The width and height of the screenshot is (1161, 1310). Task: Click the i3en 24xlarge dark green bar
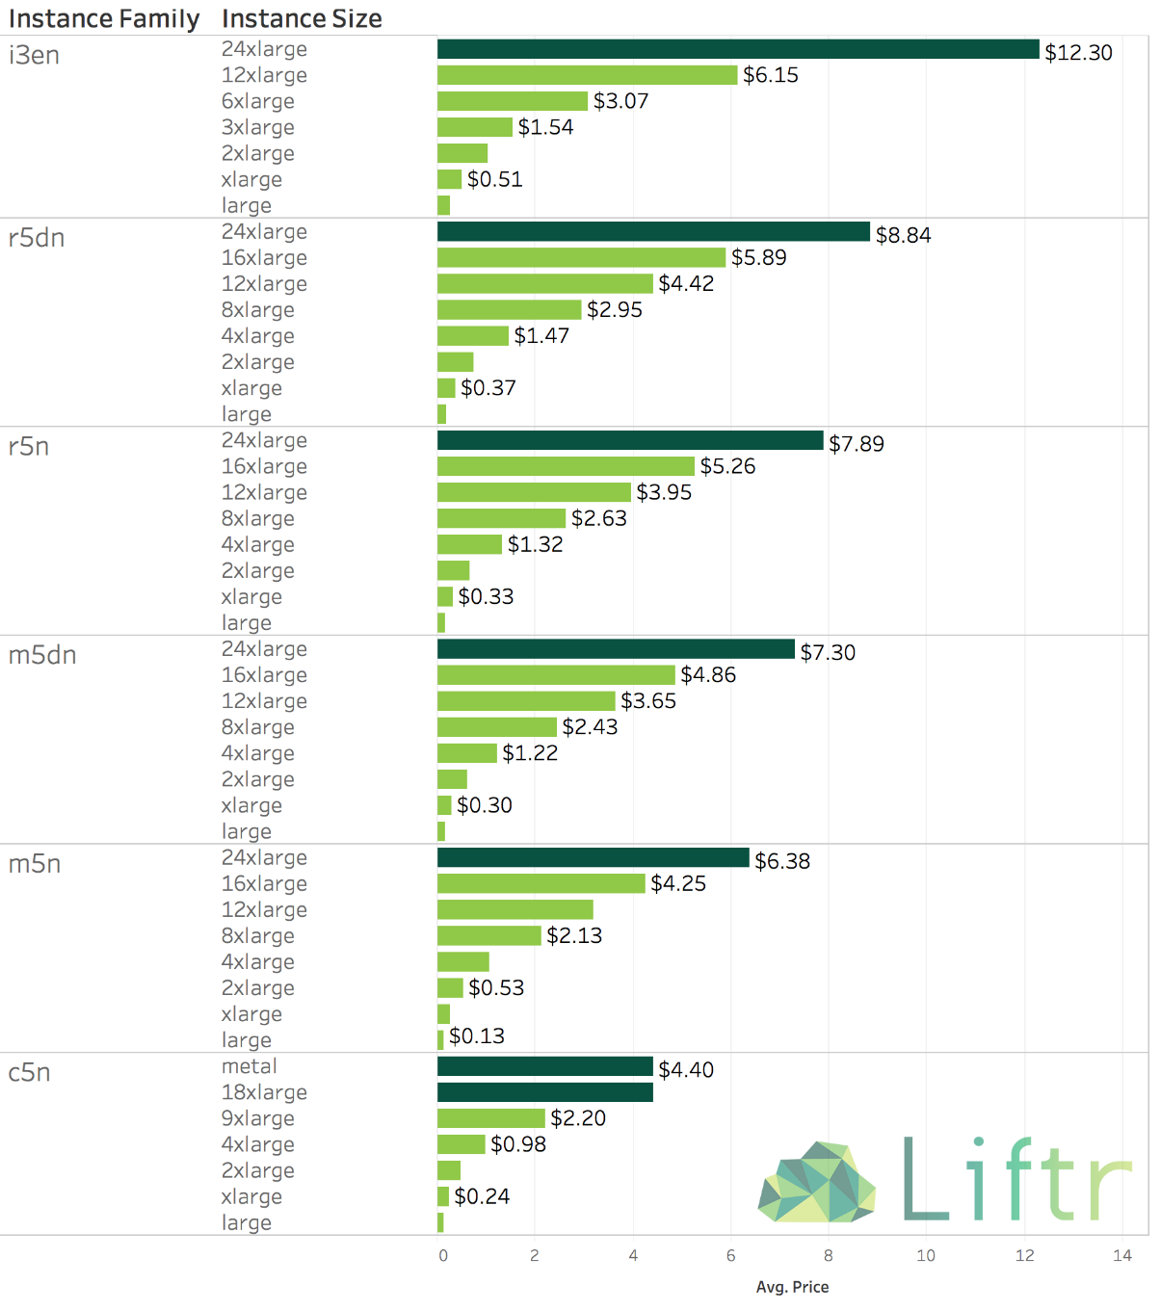(x=737, y=49)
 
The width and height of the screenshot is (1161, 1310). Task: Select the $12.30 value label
(x=1078, y=52)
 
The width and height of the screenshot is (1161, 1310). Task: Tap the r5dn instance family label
(x=37, y=238)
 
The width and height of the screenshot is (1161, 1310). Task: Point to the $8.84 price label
(x=903, y=235)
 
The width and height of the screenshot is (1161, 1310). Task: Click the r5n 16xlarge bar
(x=566, y=466)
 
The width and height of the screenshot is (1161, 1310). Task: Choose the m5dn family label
(x=42, y=655)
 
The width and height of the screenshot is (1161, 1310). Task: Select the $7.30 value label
(x=828, y=652)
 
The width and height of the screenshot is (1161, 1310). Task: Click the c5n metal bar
(x=544, y=1066)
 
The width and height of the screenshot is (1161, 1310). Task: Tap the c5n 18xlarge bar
(x=544, y=1092)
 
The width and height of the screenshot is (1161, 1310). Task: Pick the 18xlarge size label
(x=264, y=1092)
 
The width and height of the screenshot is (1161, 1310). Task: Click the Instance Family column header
(x=103, y=18)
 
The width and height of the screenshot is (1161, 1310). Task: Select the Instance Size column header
(x=302, y=18)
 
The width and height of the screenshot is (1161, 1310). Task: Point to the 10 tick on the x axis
(x=926, y=1255)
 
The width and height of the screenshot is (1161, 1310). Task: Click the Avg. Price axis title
(x=792, y=1287)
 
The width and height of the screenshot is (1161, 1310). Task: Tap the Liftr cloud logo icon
(x=816, y=1181)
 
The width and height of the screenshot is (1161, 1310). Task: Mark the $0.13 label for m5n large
(x=476, y=1035)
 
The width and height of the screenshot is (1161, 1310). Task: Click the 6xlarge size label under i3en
(x=257, y=101)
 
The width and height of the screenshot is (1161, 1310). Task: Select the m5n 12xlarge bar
(x=515, y=909)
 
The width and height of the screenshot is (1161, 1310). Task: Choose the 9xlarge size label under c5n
(x=257, y=1118)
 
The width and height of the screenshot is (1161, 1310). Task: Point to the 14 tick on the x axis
(x=1122, y=1255)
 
